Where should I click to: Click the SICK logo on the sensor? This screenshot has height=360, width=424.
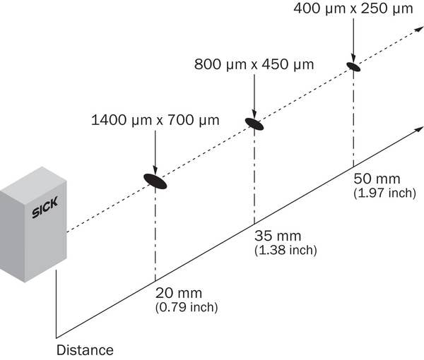[x=45, y=207]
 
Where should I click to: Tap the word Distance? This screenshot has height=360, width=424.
[x=85, y=350]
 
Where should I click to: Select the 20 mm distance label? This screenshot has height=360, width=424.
[x=179, y=293]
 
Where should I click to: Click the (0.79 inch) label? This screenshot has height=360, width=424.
[x=187, y=307]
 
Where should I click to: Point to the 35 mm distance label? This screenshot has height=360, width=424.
[x=278, y=236]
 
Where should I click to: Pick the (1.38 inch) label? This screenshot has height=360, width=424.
[x=285, y=250]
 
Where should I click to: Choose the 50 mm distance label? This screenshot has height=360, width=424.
[x=377, y=179]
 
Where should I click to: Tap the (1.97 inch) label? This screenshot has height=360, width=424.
[x=385, y=193]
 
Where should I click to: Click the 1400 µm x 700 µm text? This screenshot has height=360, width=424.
[x=155, y=120]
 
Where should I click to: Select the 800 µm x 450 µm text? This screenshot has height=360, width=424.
[x=254, y=64]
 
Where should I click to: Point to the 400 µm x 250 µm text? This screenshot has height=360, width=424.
[x=353, y=8]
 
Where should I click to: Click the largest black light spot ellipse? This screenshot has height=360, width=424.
[x=155, y=181]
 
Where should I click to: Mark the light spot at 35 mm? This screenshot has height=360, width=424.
[x=254, y=124]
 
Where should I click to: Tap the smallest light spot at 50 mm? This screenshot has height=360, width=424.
[x=353, y=67]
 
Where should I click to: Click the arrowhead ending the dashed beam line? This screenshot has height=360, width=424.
[x=420, y=29]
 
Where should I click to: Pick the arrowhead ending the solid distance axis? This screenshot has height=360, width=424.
[x=420, y=129]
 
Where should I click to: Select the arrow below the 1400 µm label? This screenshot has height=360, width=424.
[x=155, y=153]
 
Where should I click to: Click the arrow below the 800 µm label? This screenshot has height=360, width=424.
[x=254, y=97]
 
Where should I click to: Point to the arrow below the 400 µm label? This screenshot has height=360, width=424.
[x=353, y=40]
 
